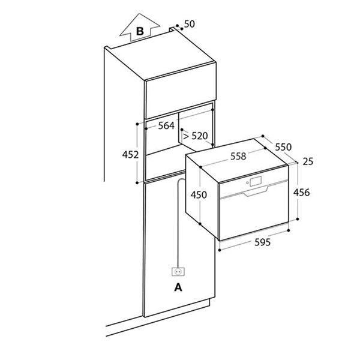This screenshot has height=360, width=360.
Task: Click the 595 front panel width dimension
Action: pos(255,242)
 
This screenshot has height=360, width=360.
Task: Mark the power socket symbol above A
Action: pos(178,271)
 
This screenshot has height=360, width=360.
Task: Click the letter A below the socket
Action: pos(178,288)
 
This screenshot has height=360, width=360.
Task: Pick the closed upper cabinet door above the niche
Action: pos(180,90)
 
